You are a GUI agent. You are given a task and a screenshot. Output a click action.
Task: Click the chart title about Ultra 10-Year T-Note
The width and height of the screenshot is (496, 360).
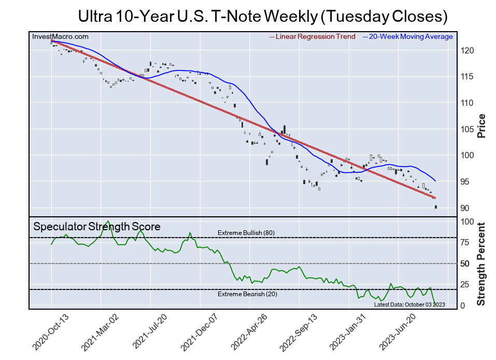click(x=262, y=16)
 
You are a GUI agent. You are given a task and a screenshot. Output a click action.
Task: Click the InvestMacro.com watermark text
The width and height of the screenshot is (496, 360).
click(x=60, y=37)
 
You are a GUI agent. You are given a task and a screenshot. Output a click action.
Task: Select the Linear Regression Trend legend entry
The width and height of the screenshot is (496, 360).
click(x=313, y=37)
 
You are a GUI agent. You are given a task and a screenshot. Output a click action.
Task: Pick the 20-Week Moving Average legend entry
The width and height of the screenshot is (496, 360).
click(x=407, y=37)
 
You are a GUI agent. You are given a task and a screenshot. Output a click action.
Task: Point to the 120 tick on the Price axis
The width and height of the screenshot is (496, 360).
click(x=465, y=51)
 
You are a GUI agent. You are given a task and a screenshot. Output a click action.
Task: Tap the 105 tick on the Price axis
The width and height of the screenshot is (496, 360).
click(x=465, y=129)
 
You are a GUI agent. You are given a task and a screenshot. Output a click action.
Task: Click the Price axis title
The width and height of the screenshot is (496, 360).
click(x=481, y=126)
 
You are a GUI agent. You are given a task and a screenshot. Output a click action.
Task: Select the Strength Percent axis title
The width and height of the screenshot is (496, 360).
click(x=481, y=264)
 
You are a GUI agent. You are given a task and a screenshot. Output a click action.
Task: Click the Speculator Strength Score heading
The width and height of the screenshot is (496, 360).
click(x=97, y=227)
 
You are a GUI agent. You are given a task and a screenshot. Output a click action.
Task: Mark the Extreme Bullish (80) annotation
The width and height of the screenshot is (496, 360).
click(x=246, y=233)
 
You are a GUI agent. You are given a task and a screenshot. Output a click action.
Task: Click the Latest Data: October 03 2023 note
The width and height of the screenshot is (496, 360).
click(x=409, y=304)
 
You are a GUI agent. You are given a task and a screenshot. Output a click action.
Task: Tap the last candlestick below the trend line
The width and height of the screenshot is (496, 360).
click(x=436, y=207)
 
